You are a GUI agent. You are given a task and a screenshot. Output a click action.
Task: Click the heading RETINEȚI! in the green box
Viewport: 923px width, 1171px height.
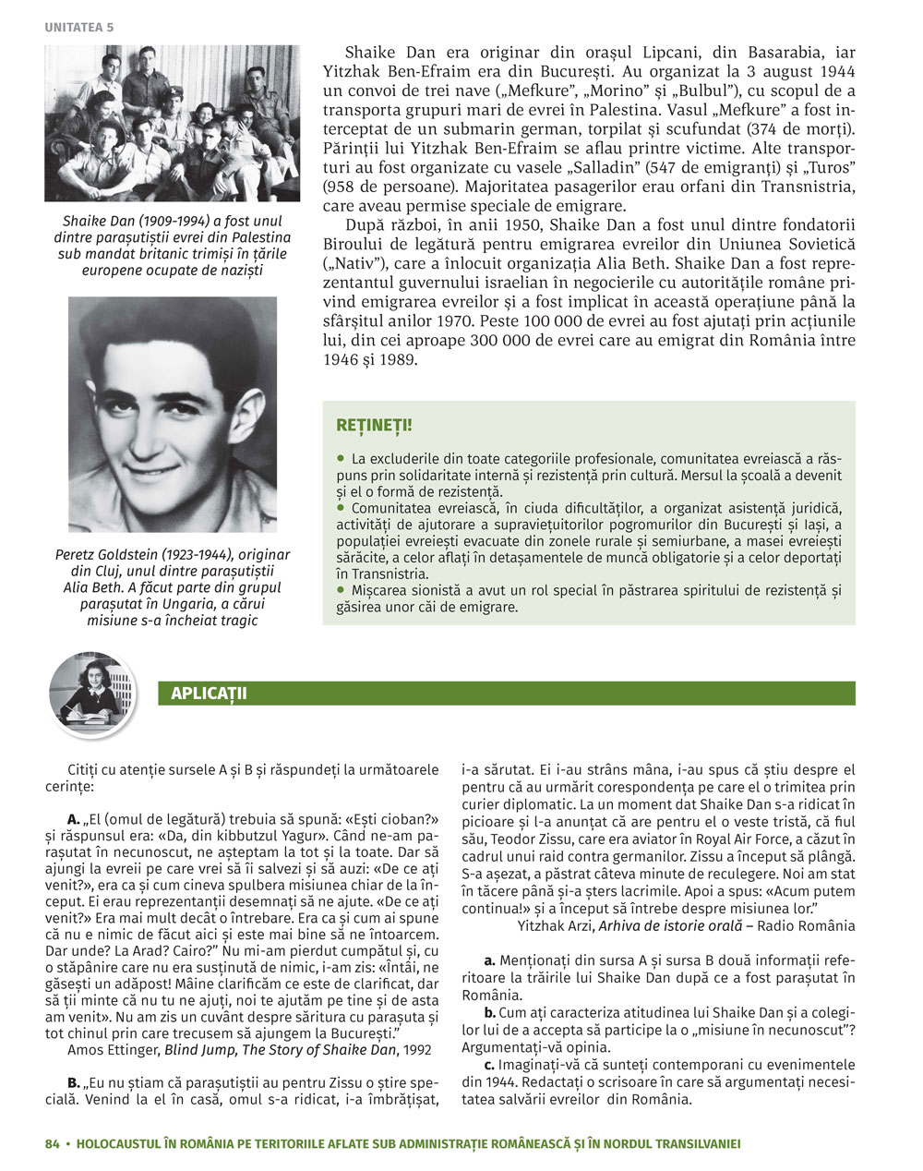374,426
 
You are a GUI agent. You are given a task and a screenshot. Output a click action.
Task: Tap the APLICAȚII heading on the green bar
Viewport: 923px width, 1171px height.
209,694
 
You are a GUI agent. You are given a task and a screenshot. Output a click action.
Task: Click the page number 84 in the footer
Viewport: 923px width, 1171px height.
52,1143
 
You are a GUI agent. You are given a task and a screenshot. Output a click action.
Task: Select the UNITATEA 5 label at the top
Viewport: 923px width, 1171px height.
78,28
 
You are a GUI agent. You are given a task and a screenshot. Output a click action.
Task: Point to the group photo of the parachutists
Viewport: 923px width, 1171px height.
172,123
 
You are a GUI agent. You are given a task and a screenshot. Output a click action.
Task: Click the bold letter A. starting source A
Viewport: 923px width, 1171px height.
73,819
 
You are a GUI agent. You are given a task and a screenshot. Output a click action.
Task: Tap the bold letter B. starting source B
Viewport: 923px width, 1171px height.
73,1082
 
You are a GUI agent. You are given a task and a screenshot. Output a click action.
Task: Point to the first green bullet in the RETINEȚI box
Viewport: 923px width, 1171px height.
340,457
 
